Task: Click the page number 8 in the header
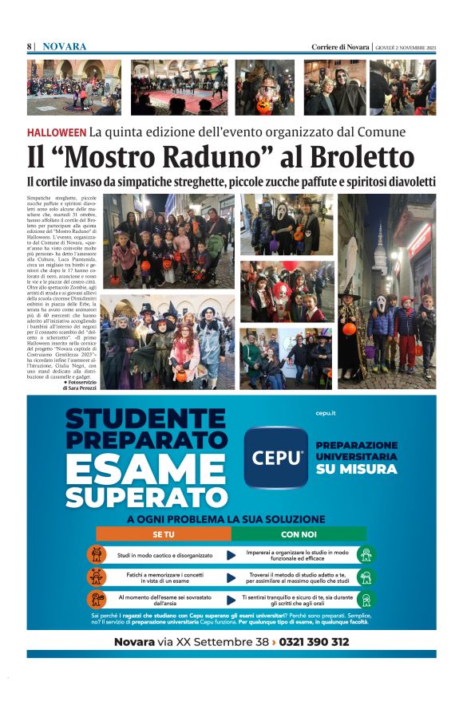point(30,47)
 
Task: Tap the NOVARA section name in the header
point(65,47)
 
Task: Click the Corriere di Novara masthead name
point(340,47)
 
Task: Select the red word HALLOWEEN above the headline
point(56,132)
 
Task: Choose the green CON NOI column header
point(298,534)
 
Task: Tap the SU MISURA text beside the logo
point(356,470)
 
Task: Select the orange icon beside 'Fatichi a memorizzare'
point(97,577)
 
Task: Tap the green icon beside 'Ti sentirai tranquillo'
point(366,600)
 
